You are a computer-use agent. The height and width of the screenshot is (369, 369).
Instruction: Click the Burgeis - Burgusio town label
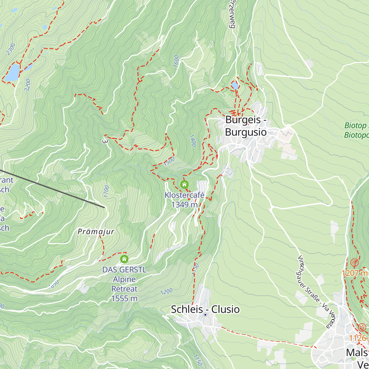point(246,126)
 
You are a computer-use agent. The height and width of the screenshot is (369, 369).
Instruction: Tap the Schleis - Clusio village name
point(205,309)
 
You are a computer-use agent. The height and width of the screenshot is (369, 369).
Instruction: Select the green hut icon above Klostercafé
point(184,184)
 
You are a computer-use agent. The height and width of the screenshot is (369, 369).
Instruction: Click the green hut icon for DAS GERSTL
point(124,259)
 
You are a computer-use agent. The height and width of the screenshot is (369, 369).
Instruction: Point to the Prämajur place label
point(96,232)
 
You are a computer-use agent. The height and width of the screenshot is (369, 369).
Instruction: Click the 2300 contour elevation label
point(11,50)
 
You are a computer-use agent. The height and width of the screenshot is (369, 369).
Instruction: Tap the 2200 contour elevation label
point(28,85)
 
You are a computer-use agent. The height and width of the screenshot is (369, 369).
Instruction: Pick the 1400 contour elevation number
point(193,141)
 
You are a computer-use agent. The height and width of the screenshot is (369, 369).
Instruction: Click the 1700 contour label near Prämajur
point(106,191)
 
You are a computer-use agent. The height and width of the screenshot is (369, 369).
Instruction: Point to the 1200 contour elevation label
point(166,291)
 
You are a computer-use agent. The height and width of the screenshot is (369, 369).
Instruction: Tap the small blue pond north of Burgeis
point(235,85)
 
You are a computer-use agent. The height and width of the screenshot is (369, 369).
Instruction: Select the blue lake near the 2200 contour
point(12,73)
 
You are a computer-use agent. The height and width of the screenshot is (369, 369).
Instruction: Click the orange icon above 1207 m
point(355,263)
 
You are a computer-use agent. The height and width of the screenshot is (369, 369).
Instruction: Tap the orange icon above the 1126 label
point(362,327)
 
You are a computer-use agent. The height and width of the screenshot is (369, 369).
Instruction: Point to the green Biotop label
point(356,130)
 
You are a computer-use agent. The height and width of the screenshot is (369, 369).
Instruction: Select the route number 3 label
point(105,141)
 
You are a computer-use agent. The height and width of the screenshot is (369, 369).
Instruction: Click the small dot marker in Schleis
point(205,315)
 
